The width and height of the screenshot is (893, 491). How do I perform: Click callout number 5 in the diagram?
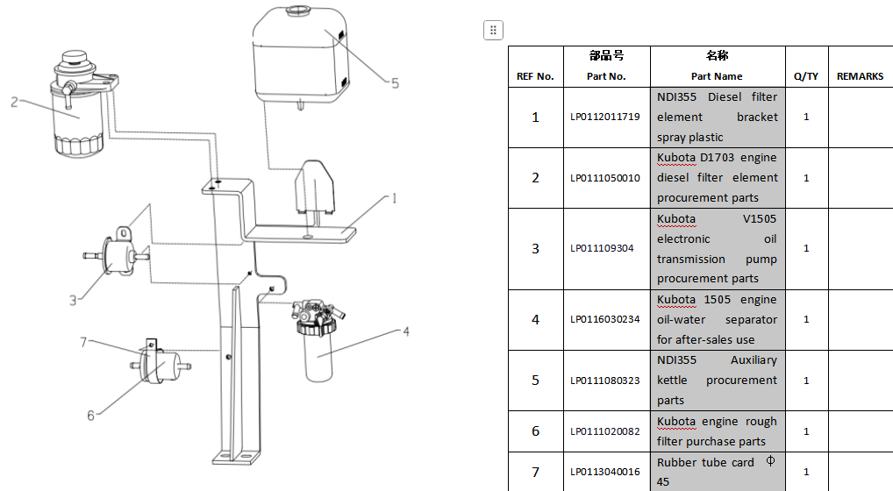coord(395,84)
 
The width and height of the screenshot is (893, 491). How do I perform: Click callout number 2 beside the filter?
coord(14,102)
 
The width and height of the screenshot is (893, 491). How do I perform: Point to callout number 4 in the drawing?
coord(406,332)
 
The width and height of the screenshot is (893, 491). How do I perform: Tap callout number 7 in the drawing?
coord(84,342)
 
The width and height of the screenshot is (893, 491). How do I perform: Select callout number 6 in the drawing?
coord(90,415)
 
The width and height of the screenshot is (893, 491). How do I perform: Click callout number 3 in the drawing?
coord(74,300)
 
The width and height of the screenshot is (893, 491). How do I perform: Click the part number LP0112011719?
coord(605,117)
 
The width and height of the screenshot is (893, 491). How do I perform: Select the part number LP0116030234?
coord(605,319)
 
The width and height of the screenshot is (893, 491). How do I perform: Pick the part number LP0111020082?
coord(605,431)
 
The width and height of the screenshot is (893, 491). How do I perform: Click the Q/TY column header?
coord(806,76)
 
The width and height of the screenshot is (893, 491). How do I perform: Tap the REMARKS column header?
coord(860,76)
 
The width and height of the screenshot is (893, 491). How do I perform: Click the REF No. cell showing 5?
coord(535,381)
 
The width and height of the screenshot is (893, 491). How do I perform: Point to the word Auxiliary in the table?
coord(754,360)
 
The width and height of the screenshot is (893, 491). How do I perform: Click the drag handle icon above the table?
coord(493,30)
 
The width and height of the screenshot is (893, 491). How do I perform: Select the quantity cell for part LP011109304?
coord(806,248)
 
